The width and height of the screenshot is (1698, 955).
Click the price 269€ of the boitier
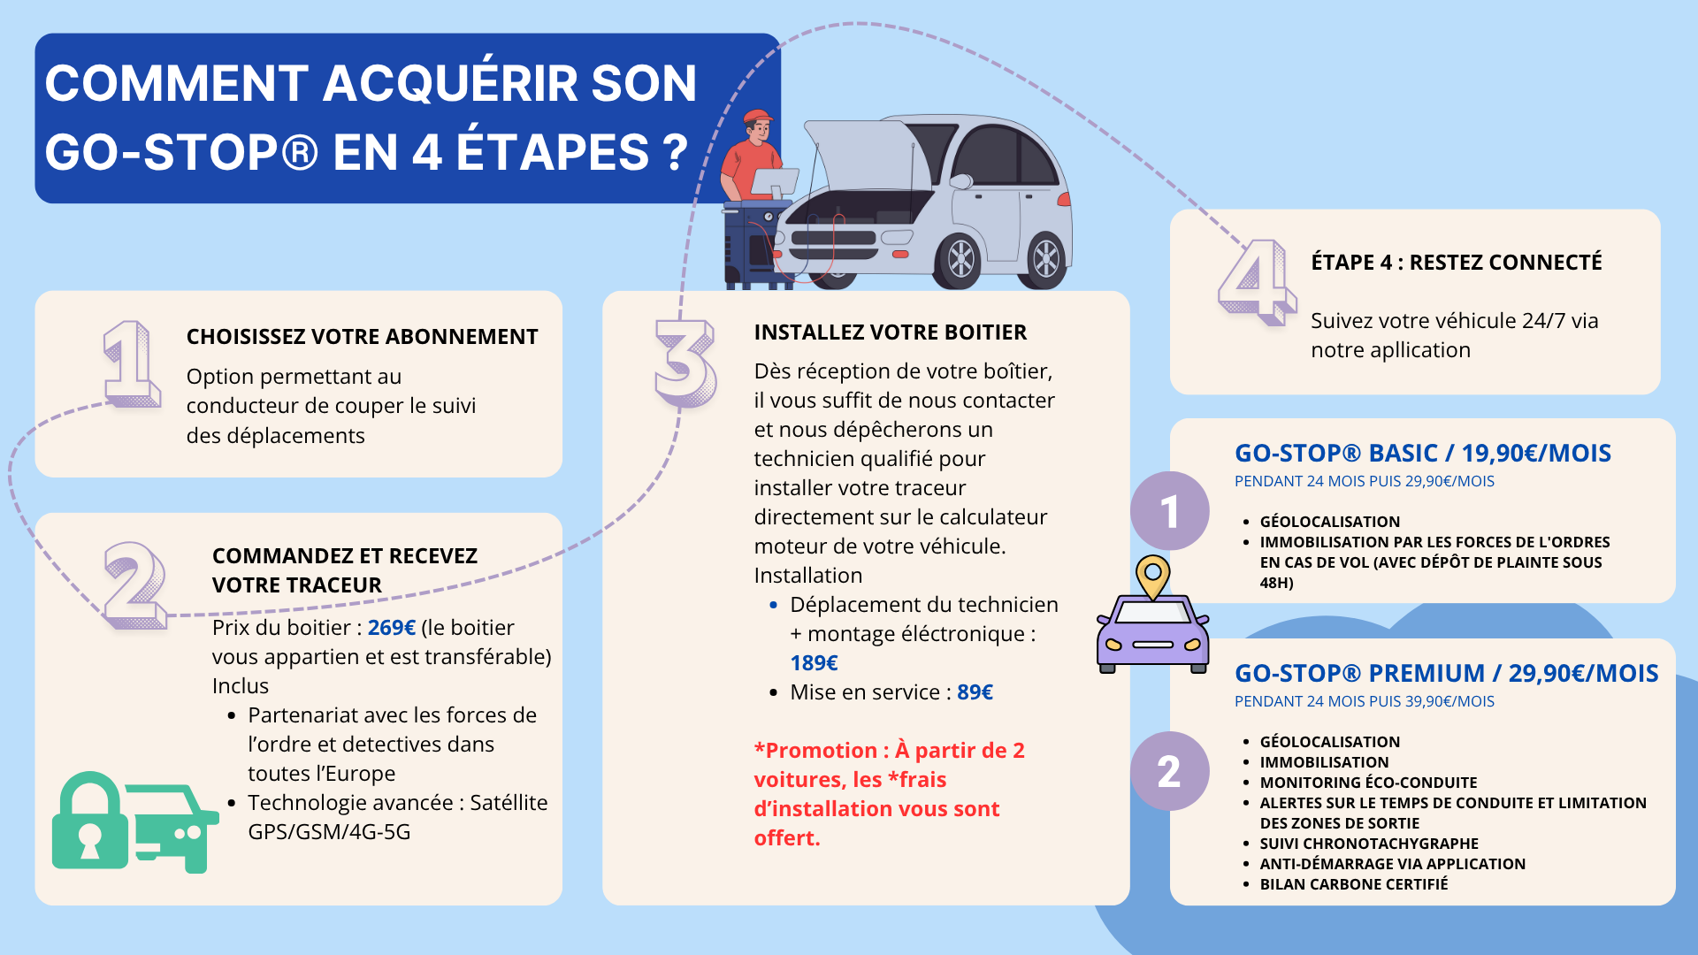(391, 628)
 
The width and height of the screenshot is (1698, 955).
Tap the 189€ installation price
(814, 663)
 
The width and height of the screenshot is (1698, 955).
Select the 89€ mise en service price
(975, 692)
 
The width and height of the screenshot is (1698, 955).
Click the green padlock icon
(89, 821)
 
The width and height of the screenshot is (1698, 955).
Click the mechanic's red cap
(757, 118)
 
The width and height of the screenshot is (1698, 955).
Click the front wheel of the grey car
(960, 260)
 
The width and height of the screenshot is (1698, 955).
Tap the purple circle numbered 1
(1169, 511)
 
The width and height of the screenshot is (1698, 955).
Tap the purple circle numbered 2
(1169, 771)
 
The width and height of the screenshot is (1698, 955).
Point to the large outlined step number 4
(1255, 281)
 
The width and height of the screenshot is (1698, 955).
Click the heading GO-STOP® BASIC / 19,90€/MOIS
(1422, 454)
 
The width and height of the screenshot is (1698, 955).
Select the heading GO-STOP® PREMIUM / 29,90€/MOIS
(1446, 674)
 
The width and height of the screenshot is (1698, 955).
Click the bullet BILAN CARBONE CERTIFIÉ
(1353, 884)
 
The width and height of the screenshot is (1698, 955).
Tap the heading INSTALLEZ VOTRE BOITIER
(890, 332)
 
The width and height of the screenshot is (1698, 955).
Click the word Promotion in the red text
(821, 751)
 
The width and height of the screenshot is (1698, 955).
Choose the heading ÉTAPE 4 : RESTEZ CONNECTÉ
(1456, 263)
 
